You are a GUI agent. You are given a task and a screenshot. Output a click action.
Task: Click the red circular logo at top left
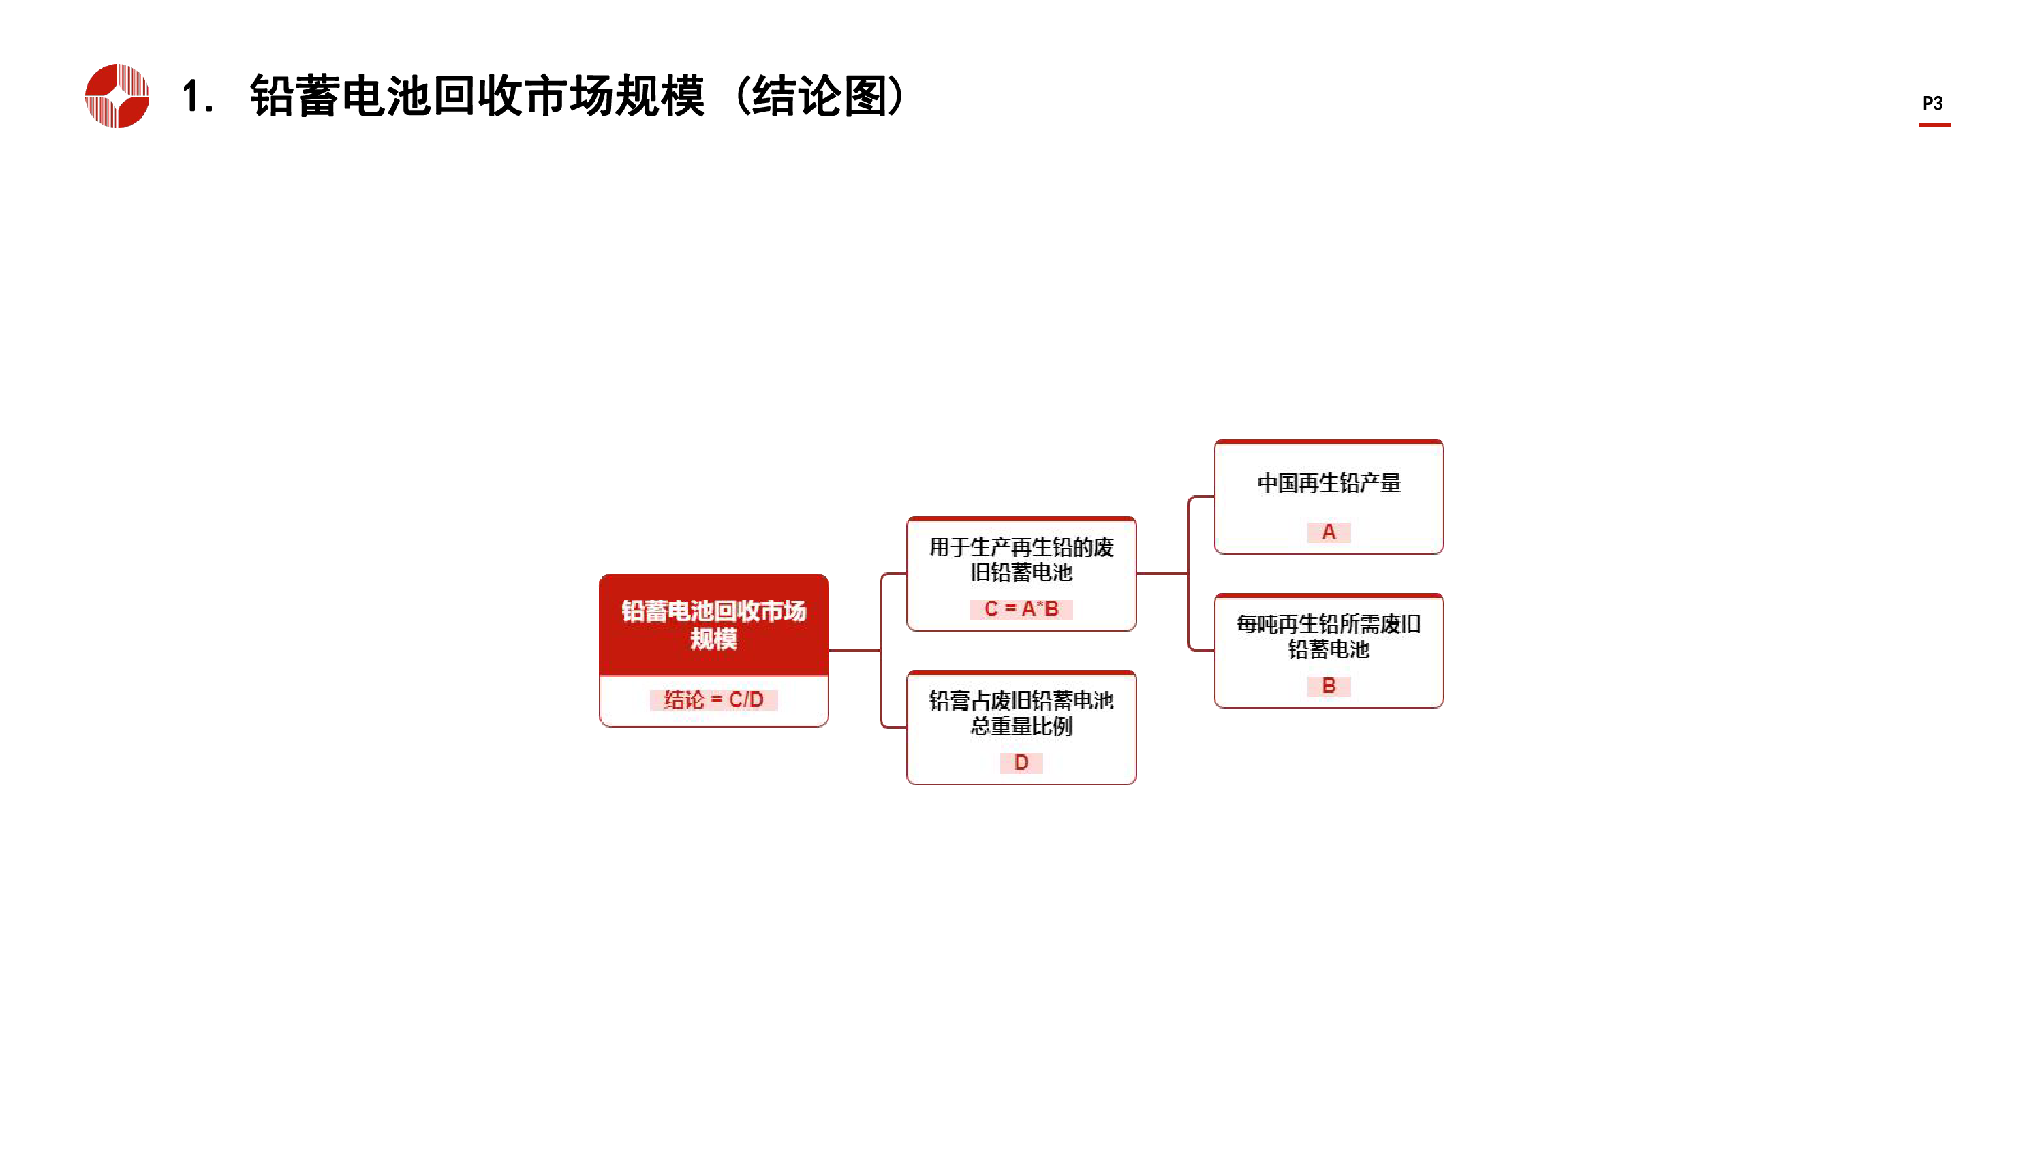[x=117, y=95]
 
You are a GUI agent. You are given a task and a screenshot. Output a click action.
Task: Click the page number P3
[x=1932, y=103]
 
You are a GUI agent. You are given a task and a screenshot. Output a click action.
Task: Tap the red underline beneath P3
[x=1934, y=124]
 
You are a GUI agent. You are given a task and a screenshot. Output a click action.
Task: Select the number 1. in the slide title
[x=198, y=97]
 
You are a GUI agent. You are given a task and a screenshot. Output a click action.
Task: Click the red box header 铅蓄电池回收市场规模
[x=713, y=625]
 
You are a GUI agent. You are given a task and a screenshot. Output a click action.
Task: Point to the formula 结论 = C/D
[x=713, y=699]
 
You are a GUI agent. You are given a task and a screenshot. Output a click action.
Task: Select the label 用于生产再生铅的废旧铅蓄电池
[x=1021, y=559]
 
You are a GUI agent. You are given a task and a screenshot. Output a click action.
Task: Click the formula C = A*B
[x=1021, y=609]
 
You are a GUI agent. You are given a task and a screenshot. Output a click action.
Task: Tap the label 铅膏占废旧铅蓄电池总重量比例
[x=1021, y=713]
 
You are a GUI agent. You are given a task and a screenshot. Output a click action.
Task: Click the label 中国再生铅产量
[x=1329, y=482]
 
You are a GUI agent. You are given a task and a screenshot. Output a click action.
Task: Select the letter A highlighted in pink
[x=1329, y=532]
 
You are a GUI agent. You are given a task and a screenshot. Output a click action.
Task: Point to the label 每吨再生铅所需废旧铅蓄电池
[x=1329, y=636]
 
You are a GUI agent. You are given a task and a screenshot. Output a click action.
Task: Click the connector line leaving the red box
[x=854, y=651]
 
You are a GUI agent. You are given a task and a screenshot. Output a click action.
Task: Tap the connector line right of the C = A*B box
[x=1162, y=573]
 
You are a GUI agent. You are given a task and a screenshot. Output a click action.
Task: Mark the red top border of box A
[x=1329, y=442]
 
